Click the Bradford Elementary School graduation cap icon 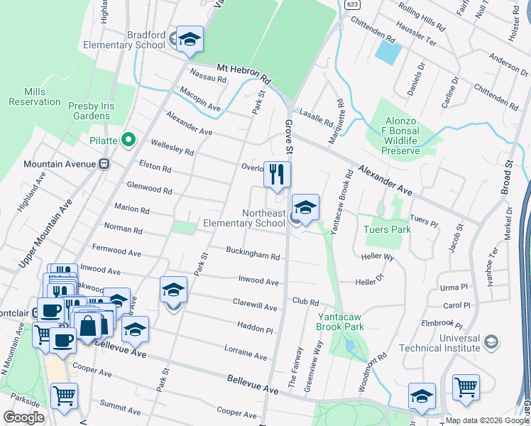[190, 40]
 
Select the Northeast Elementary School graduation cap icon [305, 207]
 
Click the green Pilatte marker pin [128, 140]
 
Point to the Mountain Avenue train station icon [104, 164]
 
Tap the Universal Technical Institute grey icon [490, 343]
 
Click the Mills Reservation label [34, 97]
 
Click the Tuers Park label [387, 229]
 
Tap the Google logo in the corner [23, 417]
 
